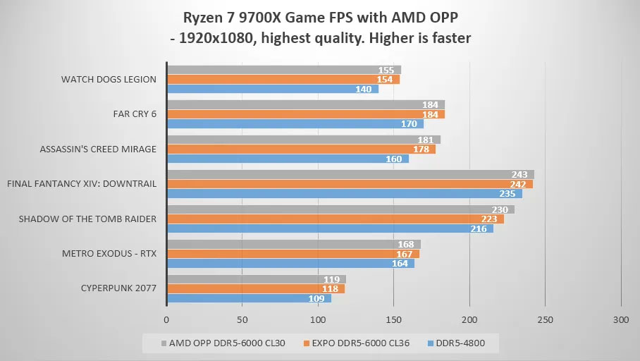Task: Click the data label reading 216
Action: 480,228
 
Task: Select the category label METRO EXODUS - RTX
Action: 109,254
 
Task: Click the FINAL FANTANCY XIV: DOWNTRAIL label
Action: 82,184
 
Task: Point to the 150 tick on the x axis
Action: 393,319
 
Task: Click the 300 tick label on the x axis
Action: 620,319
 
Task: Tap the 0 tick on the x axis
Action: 166,319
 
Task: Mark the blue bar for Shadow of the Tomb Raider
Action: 324,228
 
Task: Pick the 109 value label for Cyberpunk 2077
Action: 318,298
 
